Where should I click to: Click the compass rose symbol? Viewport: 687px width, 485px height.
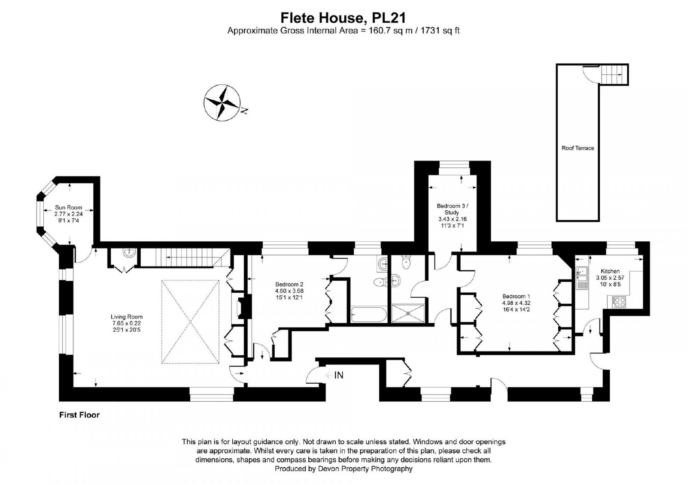coord(222,103)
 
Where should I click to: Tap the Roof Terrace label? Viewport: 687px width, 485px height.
coord(578,148)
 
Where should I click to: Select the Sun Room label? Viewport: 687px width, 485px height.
coord(68,208)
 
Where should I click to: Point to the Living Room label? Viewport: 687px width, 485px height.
coord(127,317)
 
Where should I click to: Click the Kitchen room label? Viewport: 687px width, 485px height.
coord(610,271)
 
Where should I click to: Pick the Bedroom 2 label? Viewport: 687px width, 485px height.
coord(289,284)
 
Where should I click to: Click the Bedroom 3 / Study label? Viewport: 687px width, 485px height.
coord(453,209)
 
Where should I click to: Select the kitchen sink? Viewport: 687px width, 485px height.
coord(581,274)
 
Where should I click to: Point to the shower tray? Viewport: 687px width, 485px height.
coord(408,313)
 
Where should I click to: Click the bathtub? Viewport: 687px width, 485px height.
coord(368,315)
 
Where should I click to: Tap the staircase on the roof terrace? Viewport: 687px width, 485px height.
coord(612,75)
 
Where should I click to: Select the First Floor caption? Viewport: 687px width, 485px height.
coord(79,415)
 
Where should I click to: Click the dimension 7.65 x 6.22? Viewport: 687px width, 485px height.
coord(127,323)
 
